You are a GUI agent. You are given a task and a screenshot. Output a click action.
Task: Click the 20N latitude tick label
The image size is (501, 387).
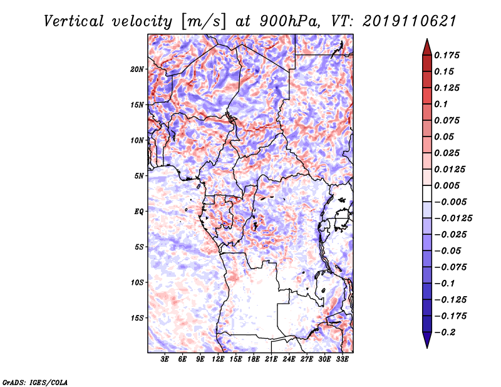[x=137, y=70]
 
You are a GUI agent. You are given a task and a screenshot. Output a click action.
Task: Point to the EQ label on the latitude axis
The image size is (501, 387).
[x=139, y=212]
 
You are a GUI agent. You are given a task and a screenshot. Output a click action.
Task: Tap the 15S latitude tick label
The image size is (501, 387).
[x=137, y=318]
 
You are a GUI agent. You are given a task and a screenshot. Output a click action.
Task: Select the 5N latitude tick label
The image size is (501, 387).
[x=139, y=176]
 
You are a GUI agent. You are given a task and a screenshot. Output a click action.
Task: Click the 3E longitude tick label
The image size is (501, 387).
[x=165, y=359]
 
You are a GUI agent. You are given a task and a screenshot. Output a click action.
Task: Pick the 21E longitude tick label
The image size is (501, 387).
[x=271, y=359]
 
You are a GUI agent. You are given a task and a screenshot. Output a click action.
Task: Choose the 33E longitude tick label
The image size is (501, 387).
[x=342, y=359]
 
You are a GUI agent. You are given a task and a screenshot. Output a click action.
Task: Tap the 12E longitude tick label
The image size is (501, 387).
[x=218, y=359]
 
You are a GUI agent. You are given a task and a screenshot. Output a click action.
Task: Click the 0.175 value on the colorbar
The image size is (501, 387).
[x=447, y=55]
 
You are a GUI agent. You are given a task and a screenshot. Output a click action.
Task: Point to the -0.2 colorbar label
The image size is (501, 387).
[x=445, y=333]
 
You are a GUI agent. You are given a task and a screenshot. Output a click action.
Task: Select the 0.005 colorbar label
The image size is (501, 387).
[x=447, y=185]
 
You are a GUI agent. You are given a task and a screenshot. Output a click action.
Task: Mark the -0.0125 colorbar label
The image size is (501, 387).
[x=453, y=219]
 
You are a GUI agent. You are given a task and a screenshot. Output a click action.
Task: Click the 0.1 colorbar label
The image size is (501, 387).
[x=441, y=104]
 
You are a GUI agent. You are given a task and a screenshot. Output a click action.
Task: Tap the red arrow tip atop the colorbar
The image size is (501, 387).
[x=427, y=39]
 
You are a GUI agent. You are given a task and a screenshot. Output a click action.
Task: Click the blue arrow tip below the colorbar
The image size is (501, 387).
[x=427, y=347]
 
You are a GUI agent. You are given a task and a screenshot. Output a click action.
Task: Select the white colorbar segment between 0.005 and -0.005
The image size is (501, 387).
[x=427, y=194]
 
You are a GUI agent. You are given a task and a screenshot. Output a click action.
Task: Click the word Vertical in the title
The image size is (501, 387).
[x=74, y=21]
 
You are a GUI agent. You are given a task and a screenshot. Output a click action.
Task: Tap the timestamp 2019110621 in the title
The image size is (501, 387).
[x=410, y=21]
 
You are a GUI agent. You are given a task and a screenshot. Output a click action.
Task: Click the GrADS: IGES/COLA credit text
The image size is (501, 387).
[x=35, y=383]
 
